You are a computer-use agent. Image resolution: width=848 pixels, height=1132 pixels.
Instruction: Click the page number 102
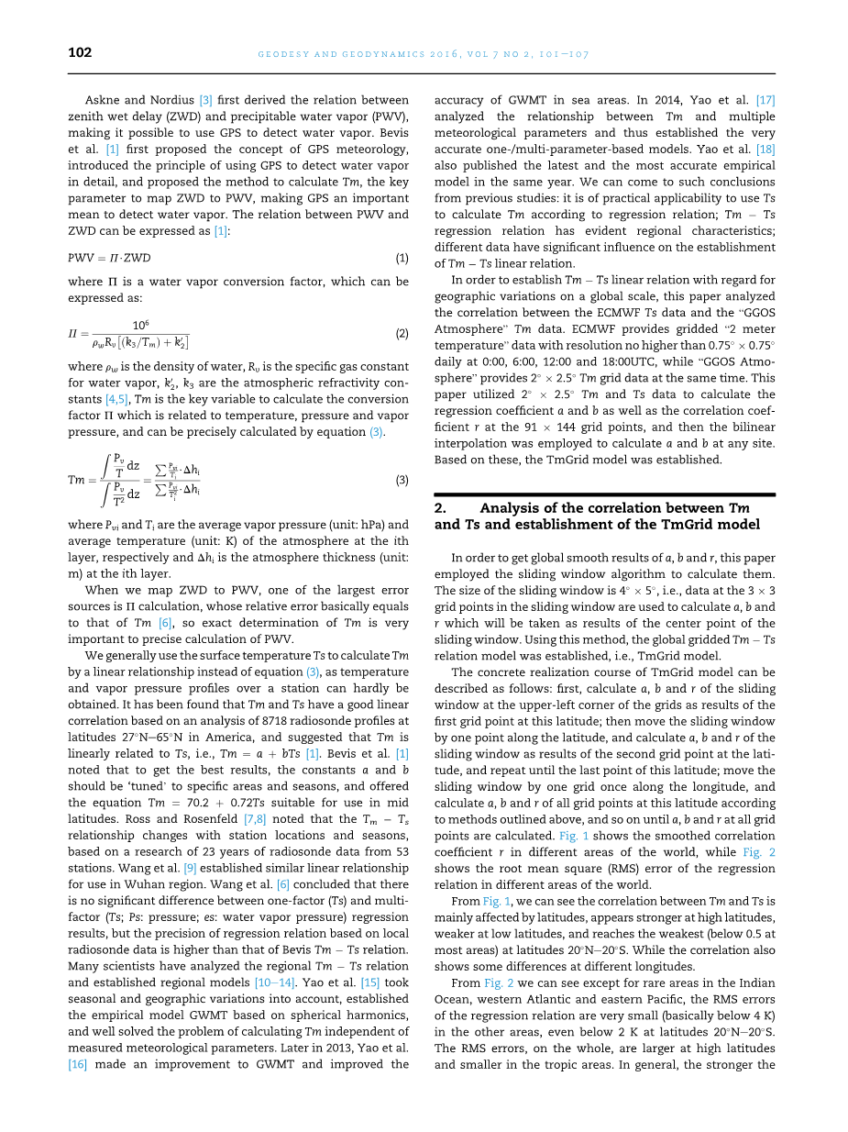point(80,53)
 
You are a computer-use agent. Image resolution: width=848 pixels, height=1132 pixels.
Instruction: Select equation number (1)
point(402,258)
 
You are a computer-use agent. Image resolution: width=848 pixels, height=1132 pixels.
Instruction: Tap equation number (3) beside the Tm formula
point(402,480)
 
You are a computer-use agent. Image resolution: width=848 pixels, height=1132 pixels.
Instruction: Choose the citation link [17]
point(765,100)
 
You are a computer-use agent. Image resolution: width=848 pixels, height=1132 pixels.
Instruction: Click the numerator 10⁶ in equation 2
point(141,325)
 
